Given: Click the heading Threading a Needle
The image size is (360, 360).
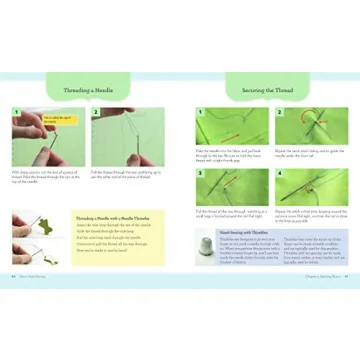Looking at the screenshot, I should point(89,90).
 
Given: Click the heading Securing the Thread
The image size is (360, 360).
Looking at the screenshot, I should point(267,90).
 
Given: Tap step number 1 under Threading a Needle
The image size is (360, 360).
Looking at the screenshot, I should point(16,112).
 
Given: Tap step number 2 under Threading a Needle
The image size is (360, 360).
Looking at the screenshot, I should point(97,112).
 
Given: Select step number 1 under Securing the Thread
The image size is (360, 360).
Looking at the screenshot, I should point(200,112).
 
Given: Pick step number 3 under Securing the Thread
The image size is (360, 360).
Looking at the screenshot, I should point(200,173).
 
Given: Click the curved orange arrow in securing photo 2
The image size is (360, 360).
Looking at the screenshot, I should point(311,125).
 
